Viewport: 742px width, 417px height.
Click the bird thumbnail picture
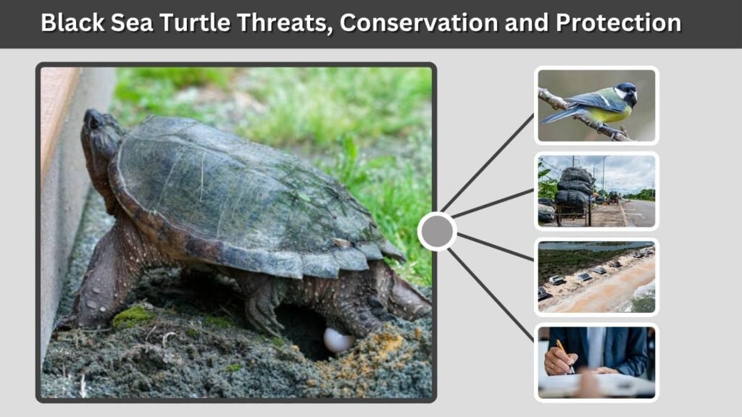point(596,106)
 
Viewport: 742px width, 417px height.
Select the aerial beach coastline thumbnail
point(596,277)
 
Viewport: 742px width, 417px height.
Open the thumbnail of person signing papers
point(596,362)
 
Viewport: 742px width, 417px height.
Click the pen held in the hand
point(564,354)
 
